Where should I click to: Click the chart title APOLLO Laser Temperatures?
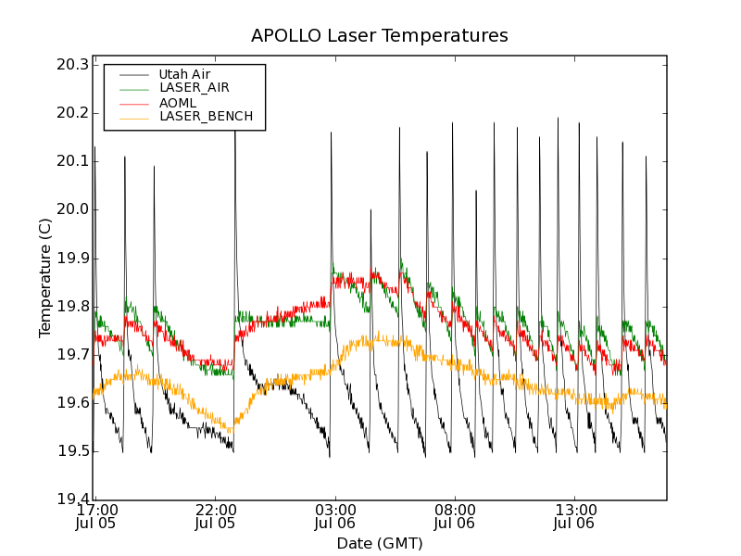click(380, 36)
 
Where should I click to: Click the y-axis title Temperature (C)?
click(45, 278)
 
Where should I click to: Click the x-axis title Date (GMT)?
click(380, 543)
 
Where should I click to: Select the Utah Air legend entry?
click(184, 74)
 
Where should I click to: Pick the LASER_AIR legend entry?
click(194, 88)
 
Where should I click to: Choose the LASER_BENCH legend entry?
click(206, 117)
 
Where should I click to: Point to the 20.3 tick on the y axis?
click(71, 65)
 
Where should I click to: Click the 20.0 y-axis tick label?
click(71, 209)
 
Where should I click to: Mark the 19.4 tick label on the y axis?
click(71, 499)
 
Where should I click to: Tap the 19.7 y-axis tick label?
click(71, 355)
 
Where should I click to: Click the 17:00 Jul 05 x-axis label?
click(96, 516)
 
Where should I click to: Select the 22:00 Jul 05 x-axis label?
click(216, 516)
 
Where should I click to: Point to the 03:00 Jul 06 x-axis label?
click(335, 516)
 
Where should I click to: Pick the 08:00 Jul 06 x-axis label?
click(455, 516)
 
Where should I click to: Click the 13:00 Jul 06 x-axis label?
click(574, 516)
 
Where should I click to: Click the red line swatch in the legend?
click(132, 102)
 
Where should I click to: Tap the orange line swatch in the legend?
click(132, 117)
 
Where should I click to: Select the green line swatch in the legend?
click(132, 88)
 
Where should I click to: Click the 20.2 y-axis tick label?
click(71, 113)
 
